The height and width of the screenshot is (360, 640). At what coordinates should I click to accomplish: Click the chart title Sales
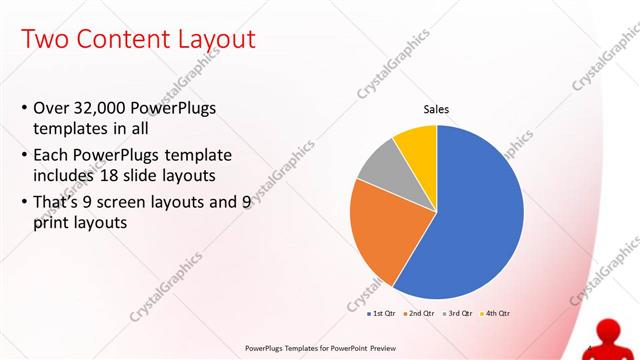(x=437, y=109)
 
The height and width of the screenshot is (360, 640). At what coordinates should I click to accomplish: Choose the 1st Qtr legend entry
(x=383, y=313)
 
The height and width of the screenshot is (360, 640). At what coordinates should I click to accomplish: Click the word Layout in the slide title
(x=207, y=40)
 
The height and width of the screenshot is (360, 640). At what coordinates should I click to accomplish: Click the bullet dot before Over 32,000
(x=24, y=108)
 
